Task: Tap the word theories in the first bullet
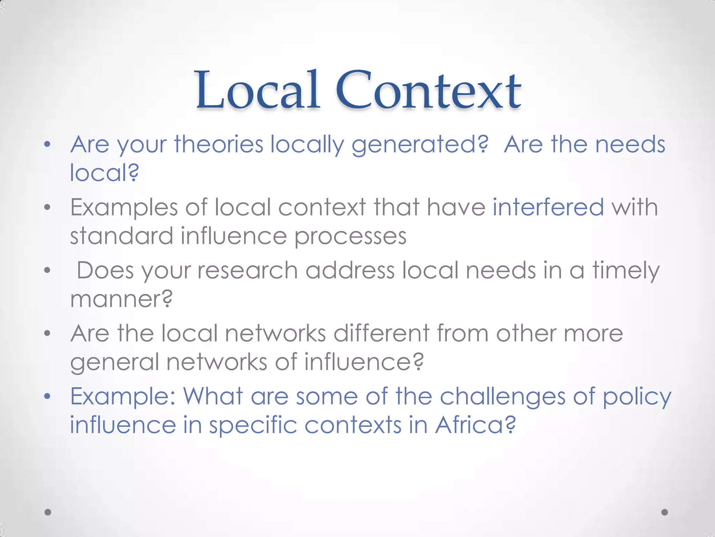pos(219,144)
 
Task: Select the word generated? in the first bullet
pos(419,145)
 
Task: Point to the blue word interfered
pos(548,207)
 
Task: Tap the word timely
pos(626,271)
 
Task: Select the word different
pos(381,333)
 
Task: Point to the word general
pos(115,362)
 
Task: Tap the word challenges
pos(502,397)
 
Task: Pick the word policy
pos(637,397)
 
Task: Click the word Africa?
pos(475,425)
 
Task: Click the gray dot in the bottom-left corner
pos(48,512)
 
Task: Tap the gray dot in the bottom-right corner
pos(665,512)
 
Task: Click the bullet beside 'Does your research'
pos(48,270)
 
